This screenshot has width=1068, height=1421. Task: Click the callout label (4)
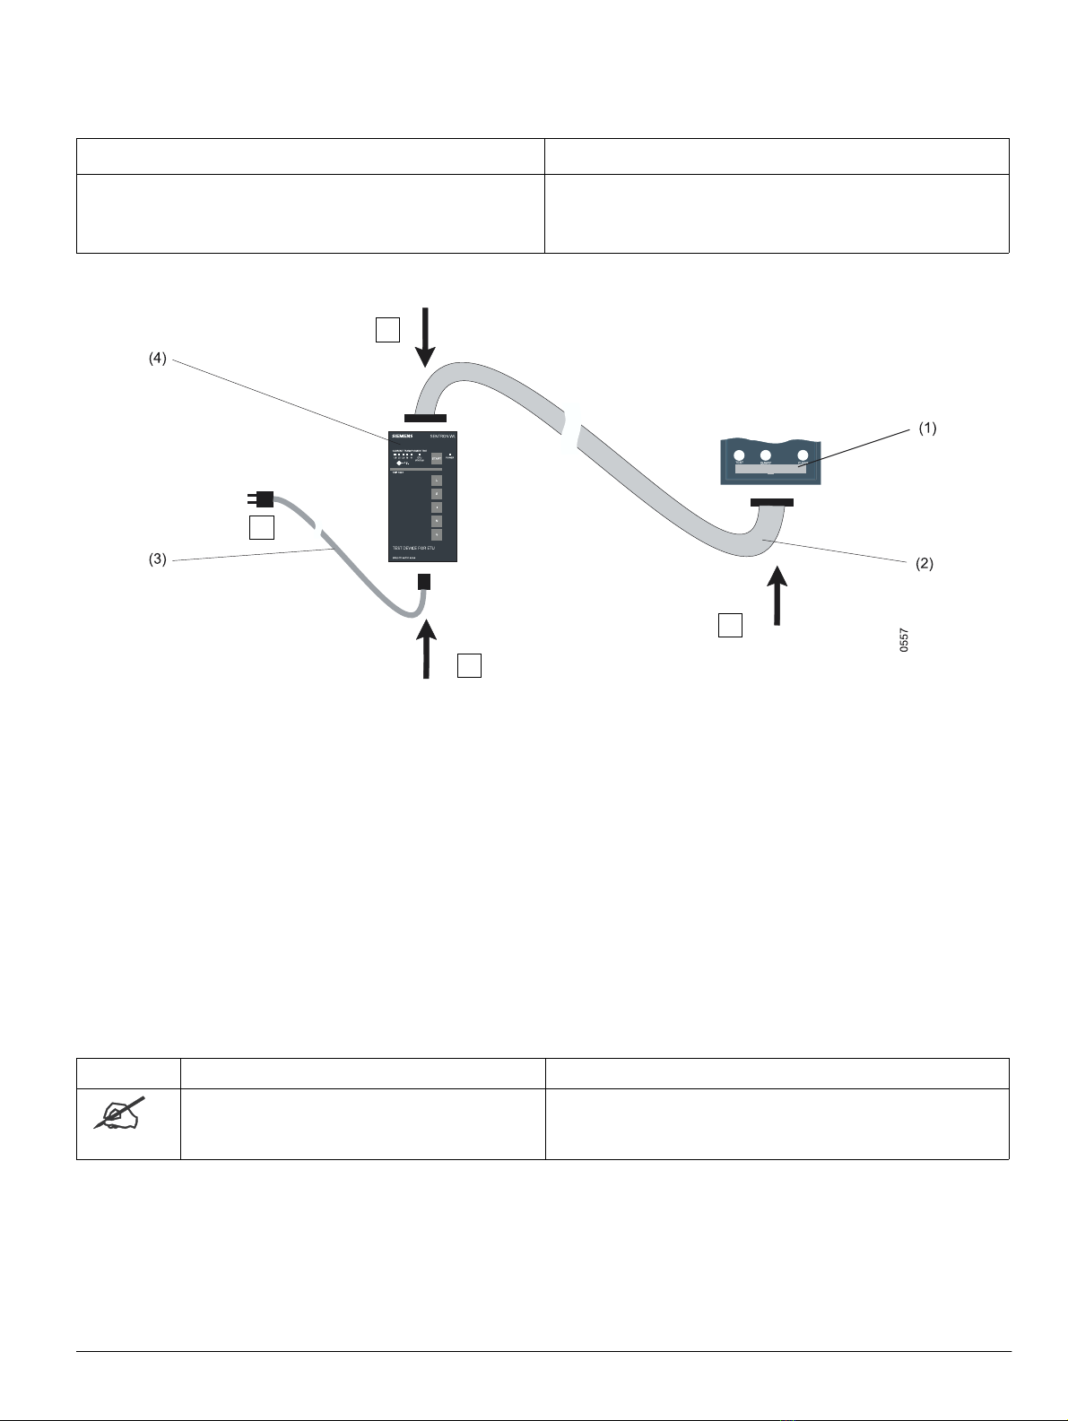(157, 360)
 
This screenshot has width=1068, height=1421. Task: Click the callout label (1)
(927, 429)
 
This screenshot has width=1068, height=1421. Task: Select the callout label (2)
(924, 564)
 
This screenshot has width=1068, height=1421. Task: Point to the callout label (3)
(157, 560)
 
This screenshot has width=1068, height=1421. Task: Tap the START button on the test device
(437, 458)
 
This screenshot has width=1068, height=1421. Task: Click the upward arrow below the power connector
(426, 648)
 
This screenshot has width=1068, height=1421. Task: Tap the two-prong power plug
(260, 498)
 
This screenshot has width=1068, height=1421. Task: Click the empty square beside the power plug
(261, 528)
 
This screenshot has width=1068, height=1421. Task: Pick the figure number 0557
(904, 639)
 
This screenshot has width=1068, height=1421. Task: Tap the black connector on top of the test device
(425, 417)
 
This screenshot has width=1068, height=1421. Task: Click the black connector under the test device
(425, 582)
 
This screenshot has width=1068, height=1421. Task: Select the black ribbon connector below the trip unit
(771, 502)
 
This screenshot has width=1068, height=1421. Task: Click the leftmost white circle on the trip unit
(741, 456)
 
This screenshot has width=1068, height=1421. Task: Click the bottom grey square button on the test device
(437, 533)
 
